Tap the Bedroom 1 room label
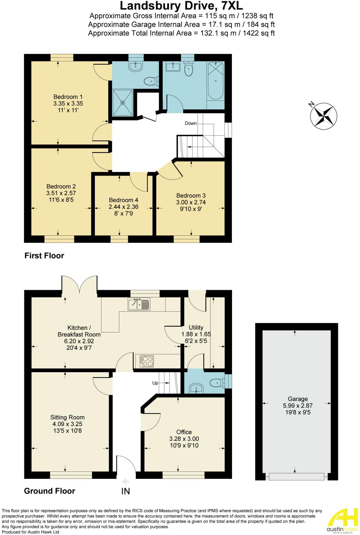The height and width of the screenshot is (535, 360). (x=68, y=97)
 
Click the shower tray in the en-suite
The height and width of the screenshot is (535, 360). (x=123, y=103)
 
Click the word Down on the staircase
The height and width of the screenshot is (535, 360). (x=191, y=123)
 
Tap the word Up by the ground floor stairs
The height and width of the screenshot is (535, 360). (x=155, y=383)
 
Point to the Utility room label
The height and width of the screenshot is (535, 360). (x=196, y=327)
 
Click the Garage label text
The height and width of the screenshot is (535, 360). (x=297, y=399)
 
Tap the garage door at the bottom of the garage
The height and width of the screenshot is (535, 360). (x=296, y=477)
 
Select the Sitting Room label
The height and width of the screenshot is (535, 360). (x=67, y=417)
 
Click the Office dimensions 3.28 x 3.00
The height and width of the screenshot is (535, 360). (x=184, y=439)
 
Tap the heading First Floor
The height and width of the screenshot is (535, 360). (x=44, y=256)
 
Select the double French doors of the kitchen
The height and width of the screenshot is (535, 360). (x=79, y=285)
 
